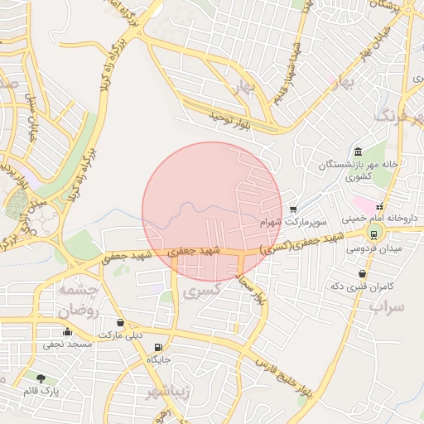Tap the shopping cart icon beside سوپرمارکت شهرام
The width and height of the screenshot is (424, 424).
294,210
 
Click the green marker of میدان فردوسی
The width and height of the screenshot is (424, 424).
377,234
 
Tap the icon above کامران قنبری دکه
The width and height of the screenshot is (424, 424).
362,274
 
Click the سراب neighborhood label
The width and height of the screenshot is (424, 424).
385,307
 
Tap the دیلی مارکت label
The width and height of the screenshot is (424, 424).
121,335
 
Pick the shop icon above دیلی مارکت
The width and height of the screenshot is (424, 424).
121,323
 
